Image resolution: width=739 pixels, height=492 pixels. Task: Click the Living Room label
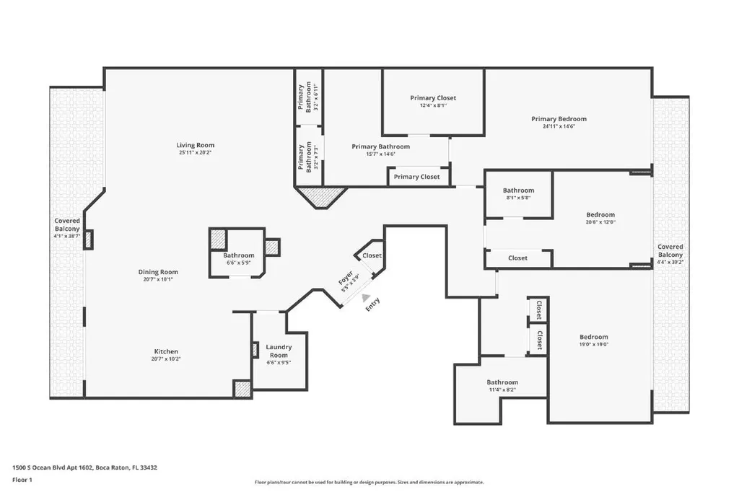[x=195, y=145]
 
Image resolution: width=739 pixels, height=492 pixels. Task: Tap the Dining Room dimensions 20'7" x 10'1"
[x=158, y=279]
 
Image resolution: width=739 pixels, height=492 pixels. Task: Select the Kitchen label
[x=166, y=351]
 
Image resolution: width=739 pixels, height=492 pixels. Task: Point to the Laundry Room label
[x=279, y=351]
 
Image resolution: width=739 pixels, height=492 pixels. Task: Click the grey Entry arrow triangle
[x=366, y=297]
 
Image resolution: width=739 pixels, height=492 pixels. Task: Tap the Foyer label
[x=346, y=278]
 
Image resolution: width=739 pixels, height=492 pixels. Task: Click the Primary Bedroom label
[x=559, y=119]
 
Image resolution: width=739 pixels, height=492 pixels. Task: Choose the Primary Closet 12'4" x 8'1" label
[x=433, y=101]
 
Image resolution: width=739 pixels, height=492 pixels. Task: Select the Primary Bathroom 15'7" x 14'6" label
[x=381, y=150]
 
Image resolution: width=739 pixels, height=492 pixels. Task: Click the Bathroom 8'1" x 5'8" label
[x=518, y=193]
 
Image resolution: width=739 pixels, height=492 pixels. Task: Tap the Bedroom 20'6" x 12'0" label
[x=600, y=218]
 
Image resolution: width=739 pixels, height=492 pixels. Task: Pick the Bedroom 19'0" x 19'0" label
[x=594, y=341]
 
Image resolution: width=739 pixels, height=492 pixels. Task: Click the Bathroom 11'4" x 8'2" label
[x=502, y=385]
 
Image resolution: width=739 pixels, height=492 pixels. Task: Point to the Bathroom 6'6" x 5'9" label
[x=238, y=259]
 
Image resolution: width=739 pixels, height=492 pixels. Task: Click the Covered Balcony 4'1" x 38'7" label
[x=67, y=228]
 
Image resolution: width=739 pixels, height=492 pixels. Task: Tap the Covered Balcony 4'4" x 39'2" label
[x=670, y=254]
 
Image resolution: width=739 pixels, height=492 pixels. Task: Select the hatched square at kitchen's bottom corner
[x=242, y=389]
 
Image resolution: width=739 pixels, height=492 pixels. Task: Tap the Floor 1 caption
[x=22, y=480]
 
